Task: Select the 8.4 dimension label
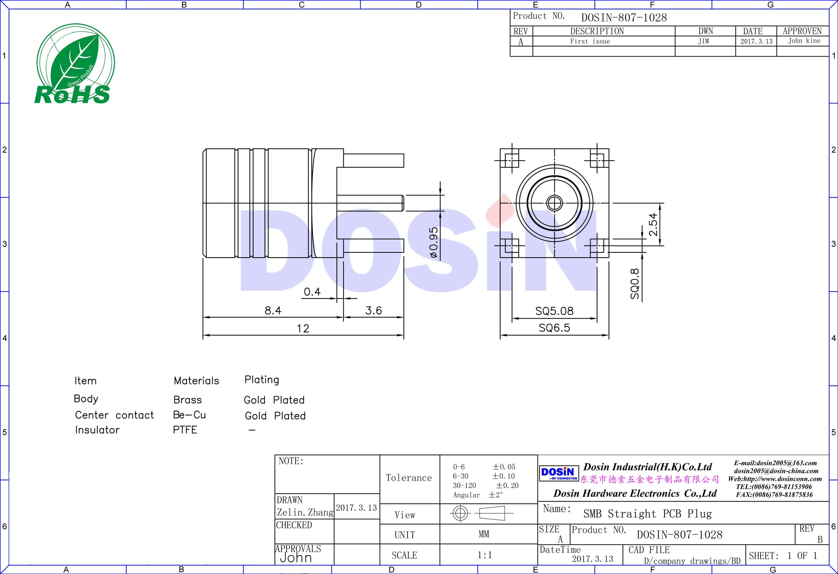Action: coord(273,311)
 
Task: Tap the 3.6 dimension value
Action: coord(373,311)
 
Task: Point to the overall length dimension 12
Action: coord(303,329)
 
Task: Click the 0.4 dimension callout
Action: coord(312,292)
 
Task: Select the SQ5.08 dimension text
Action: coord(554,311)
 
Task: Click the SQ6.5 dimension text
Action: coord(554,328)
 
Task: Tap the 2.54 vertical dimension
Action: coord(653,224)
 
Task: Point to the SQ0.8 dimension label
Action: coord(635,284)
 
